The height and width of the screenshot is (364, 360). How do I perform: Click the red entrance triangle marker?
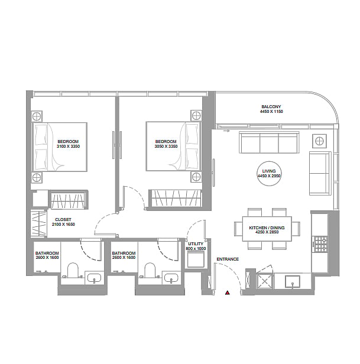click(228, 292)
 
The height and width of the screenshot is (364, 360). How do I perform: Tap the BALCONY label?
click(271, 107)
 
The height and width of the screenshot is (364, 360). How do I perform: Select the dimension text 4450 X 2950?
click(269, 176)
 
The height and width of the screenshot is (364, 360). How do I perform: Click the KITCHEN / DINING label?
click(267, 227)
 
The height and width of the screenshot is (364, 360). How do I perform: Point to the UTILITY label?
click(196, 243)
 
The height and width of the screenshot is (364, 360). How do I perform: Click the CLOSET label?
click(63, 219)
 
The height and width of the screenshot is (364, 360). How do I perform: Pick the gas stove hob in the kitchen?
click(320, 244)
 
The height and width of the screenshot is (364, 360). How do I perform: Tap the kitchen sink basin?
click(293, 282)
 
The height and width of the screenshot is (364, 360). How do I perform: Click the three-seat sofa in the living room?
click(269, 142)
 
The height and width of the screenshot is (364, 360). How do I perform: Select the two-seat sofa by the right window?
click(320, 173)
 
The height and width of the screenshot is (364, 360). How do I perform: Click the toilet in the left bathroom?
click(73, 270)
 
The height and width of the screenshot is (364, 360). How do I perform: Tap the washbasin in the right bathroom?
click(171, 278)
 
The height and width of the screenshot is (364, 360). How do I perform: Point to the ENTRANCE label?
click(228, 259)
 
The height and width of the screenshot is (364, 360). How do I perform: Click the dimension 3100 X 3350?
click(68, 147)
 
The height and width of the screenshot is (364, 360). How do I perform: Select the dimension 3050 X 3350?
click(166, 147)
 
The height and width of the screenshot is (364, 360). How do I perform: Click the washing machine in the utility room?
click(196, 259)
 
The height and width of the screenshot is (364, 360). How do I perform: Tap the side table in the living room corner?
click(319, 141)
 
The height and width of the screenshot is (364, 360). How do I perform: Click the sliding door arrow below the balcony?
click(226, 131)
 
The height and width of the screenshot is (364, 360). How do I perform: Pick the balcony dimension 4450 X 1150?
click(271, 112)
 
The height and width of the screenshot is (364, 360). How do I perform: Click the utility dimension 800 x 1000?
click(196, 249)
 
